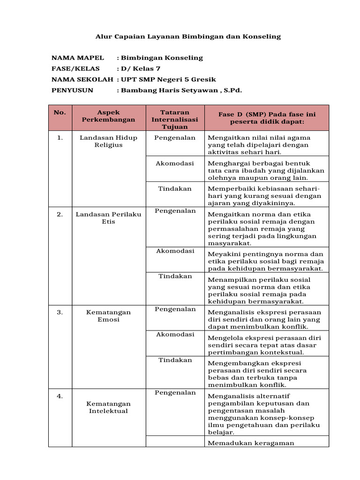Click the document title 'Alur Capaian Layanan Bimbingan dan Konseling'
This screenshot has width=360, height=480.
coord(188,36)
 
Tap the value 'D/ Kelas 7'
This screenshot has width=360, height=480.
coord(137,68)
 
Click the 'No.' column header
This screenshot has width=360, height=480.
coord(60,112)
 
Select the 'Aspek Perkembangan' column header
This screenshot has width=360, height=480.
coord(108,116)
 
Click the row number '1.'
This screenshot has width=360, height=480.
coord(60,138)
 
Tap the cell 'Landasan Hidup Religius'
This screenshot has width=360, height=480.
coord(108,141)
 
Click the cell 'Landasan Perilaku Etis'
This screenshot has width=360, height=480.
coord(108,218)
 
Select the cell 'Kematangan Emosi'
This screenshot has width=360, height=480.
coord(108,315)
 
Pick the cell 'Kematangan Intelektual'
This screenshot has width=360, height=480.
coord(108,407)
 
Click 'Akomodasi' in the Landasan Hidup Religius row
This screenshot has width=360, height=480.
coord(175,163)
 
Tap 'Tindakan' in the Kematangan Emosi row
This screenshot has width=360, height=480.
coord(175,360)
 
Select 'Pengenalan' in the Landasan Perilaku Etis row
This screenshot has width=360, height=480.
coord(175,211)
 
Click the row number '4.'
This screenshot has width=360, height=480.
coord(60,396)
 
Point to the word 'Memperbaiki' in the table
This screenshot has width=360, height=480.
coord(227,188)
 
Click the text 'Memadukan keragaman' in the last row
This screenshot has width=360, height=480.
coord(244,443)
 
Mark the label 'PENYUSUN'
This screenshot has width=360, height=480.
coord(72,90)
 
